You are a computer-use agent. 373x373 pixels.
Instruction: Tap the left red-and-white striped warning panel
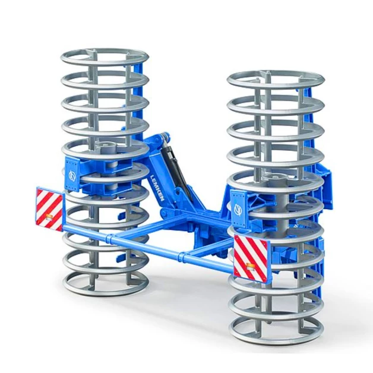pyautogui.click(x=49, y=208)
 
